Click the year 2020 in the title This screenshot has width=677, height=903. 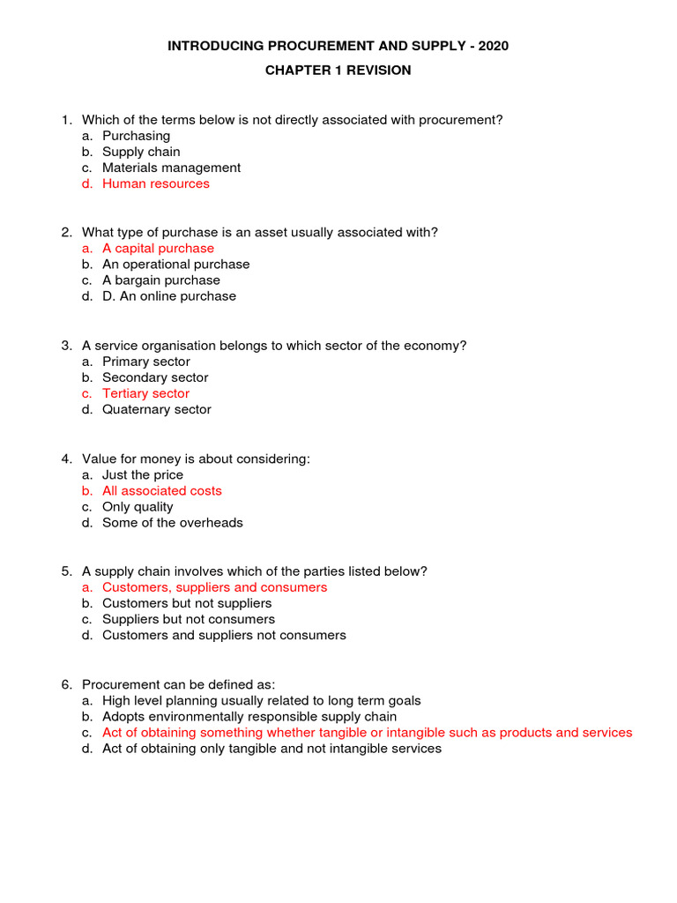tap(492, 46)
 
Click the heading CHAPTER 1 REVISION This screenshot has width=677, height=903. tap(338, 71)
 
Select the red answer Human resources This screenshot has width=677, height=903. tap(156, 184)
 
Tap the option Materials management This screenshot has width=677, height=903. tap(171, 168)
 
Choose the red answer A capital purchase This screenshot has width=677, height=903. tap(158, 249)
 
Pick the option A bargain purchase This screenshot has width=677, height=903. tap(161, 280)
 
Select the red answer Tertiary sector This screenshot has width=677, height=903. tap(145, 394)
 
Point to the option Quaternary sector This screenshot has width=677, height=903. tap(157, 410)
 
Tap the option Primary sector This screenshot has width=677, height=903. tap(146, 362)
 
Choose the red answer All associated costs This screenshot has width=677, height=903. tap(162, 491)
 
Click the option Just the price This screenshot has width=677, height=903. tap(143, 475)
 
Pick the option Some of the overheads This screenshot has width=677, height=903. tap(173, 523)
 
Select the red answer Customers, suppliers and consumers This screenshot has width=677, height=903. tap(214, 587)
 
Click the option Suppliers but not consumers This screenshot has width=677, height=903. tap(189, 620)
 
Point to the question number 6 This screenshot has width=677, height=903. tap(66, 685)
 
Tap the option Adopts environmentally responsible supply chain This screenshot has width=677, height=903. tap(249, 717)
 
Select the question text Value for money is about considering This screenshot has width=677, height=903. tap(197, 459)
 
